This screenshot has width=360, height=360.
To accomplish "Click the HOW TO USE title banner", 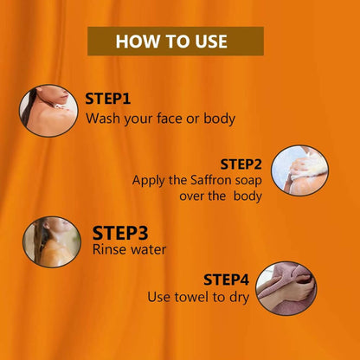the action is coord(176,41).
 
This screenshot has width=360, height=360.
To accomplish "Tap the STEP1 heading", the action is coord(108,99).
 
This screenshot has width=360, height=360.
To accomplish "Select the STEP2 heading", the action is coord(241,164).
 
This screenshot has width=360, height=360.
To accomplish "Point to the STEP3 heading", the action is coord(120,233).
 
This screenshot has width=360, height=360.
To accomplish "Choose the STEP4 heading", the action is coord(226,280).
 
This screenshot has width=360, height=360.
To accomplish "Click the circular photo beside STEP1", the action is coord(48,111).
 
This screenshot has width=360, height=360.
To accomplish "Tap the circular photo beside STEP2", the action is coord(299,170).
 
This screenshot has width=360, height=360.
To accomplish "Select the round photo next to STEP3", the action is coord(52,241).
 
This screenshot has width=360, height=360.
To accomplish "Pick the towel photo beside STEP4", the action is coord(286,288).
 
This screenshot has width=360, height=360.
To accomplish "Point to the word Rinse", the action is coord(106,249).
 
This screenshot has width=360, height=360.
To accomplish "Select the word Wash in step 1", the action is coord(104,119).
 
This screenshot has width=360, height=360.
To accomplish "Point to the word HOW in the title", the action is coord(135,42).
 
